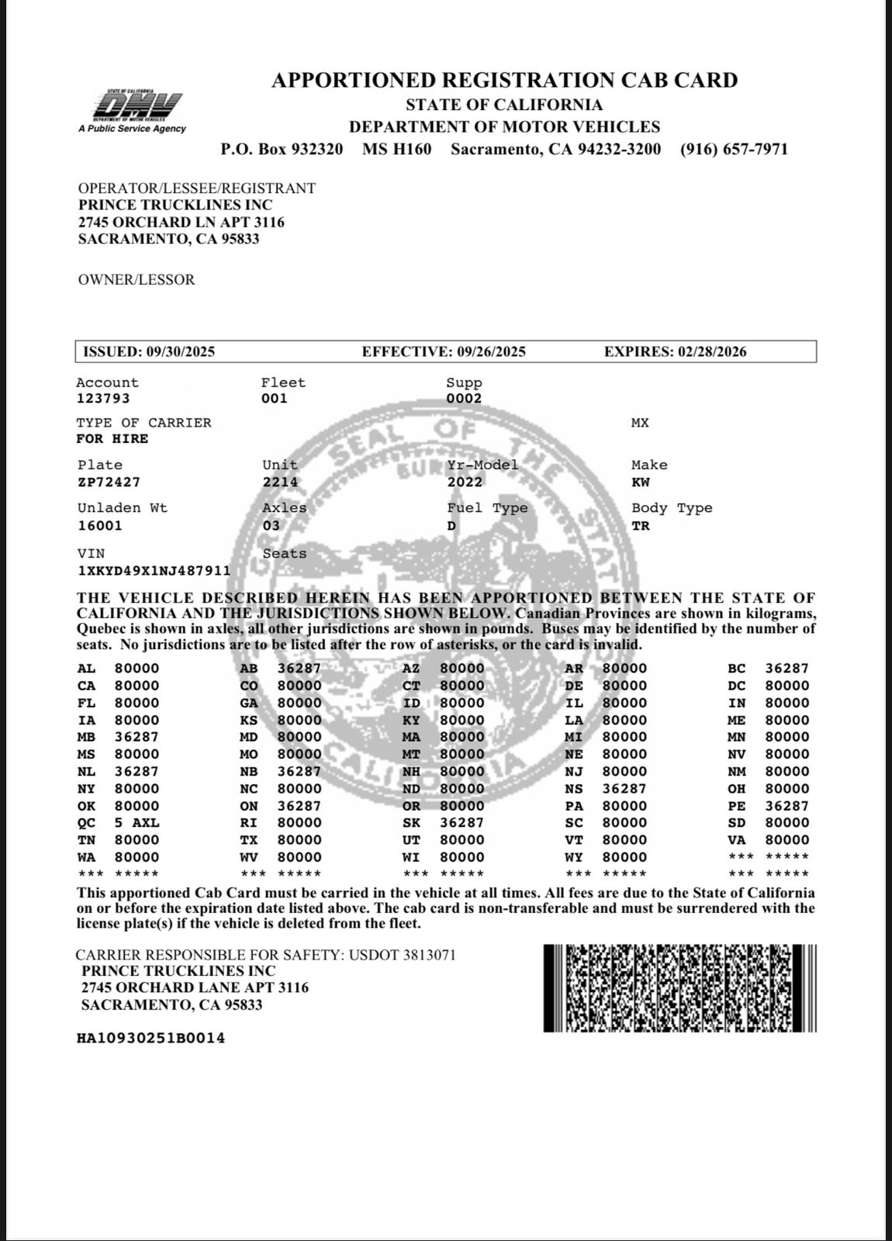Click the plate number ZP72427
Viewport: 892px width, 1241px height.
(109, 482)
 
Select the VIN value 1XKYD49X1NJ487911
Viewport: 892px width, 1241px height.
(154, 571)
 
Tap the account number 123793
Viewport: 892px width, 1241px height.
(103, 399)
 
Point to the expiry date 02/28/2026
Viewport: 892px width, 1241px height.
(712, 351)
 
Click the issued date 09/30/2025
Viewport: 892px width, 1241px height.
(181, 351)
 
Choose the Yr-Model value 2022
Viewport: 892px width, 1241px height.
(465, 482)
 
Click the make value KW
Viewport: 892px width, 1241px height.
(641, 482)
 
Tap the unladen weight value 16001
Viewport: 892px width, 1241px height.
(100, 526)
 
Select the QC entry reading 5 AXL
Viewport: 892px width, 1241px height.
(137, 823)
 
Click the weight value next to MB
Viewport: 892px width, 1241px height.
(137, 737)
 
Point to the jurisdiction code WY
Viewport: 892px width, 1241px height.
(574, 857)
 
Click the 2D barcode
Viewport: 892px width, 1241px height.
(679, 988)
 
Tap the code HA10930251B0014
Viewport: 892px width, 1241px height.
(150, 1039)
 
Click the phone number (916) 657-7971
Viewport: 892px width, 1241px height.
(734, 149)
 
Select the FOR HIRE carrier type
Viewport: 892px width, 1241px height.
(112, 439)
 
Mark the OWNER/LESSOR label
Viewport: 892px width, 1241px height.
(137, 280)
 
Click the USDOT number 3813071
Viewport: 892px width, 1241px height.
(429, 955)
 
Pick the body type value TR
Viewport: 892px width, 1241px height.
(641, 526)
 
